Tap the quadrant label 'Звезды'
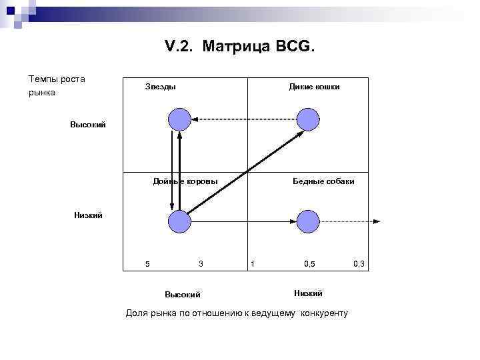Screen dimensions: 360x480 [161, 87]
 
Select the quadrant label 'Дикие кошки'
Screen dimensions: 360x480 [313, 87]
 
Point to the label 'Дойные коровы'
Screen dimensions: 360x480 [185, 181]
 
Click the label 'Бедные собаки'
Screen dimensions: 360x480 [323, 181]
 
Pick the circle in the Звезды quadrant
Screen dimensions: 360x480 [179, 120]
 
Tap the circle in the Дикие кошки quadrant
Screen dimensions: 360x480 [308, 120]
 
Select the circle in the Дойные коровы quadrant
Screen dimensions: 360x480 [179, 221]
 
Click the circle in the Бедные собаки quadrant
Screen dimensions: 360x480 [308, 221]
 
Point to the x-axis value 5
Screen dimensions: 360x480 [147, 264]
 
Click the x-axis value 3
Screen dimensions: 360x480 [201, 264]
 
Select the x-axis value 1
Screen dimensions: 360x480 [252, 264]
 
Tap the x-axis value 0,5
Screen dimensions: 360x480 [309, 264]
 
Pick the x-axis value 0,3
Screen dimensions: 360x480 [359, 264]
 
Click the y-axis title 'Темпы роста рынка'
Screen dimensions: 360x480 [57, 86]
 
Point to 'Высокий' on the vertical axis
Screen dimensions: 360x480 [88, 125]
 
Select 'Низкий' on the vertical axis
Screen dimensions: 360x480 [88, 215]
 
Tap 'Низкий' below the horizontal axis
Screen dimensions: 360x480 [308, 293]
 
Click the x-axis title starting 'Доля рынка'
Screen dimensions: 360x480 [237, 313]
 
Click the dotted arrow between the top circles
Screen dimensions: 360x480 [243, 120]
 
